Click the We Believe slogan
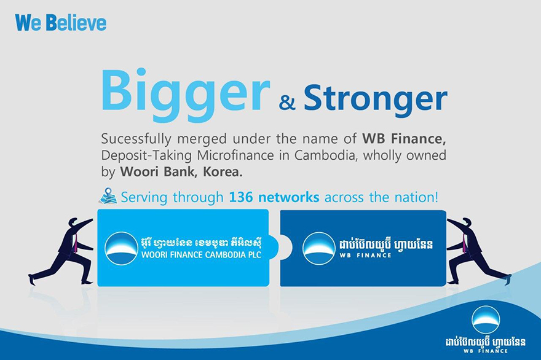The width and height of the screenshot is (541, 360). tap(61, 23)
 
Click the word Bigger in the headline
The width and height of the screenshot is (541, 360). tap(185, 95)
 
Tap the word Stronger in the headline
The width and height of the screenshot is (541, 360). tap(376, 98)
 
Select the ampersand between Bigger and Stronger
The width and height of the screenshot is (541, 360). tap(287, 103)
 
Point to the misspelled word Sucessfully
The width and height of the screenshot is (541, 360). tap(136, 139)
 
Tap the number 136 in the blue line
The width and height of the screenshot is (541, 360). tap(241, 197)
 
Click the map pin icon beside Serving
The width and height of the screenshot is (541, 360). tap(108, 196)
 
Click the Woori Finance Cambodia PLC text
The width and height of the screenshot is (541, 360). tap(201, 255)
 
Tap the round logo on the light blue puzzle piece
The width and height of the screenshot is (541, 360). tap(121, 248)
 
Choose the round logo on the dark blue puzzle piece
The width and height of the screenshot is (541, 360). tap(319, 248)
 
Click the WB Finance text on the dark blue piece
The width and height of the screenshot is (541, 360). tap(365, 255)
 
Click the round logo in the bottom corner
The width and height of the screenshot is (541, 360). tap(486, 319)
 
